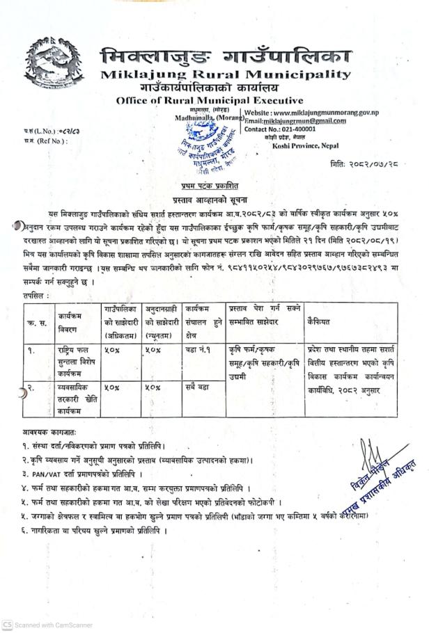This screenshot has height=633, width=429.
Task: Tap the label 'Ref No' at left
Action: [x=38, y=141]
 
